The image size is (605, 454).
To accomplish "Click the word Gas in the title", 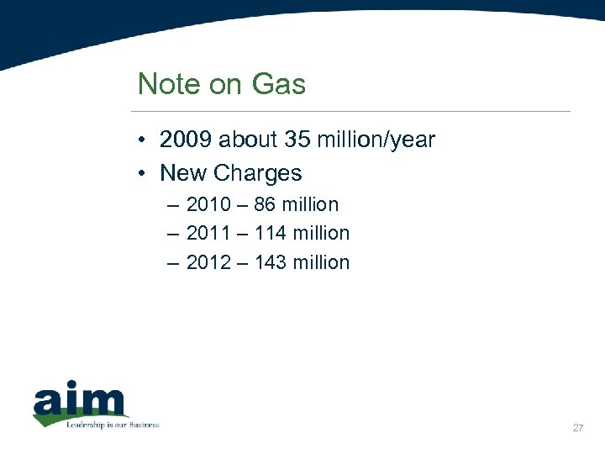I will click(279, 84).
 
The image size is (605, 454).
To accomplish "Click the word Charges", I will click(257, 173).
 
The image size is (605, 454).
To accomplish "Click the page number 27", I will click(577, 429).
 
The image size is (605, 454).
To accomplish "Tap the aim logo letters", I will click(80, 401).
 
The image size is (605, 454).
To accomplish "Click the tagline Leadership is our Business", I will click(113, 425).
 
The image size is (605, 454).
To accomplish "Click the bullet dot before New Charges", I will click(145, 174).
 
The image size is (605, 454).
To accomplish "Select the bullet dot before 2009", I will click(145, 140).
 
